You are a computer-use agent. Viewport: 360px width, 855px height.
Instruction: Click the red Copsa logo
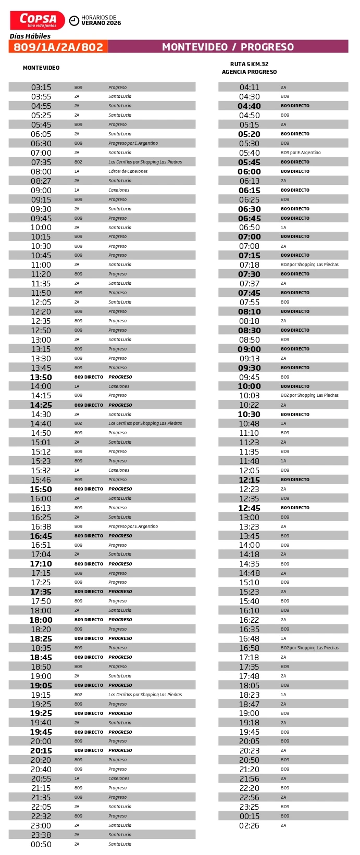38,20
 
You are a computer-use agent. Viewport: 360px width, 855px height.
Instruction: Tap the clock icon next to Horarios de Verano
74,20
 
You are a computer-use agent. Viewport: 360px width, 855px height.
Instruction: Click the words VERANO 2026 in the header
101,23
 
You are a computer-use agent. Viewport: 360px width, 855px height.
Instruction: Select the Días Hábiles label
30,36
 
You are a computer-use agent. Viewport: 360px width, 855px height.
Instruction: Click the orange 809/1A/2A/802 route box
58,47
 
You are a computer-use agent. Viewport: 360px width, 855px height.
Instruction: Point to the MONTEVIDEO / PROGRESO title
228,47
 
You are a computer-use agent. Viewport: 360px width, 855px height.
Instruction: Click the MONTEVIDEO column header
41,68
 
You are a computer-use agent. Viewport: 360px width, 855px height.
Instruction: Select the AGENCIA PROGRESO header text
249,72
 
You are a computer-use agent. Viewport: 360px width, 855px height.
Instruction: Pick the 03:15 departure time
41,87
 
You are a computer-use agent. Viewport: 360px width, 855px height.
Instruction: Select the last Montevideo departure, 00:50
41,845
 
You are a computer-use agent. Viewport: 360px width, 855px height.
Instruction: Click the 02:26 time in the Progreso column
249,826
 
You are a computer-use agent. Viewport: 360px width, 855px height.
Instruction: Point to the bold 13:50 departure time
41,377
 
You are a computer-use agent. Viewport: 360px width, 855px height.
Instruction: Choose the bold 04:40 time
249,106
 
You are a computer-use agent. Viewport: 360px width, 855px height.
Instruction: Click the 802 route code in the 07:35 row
78,162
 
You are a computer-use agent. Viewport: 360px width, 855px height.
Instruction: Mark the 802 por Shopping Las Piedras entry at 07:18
309,265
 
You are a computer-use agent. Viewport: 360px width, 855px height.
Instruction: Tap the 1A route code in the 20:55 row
77,778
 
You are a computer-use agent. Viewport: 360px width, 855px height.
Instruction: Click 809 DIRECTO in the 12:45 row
294,508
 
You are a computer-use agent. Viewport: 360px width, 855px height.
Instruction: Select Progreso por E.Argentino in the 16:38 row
133,526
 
